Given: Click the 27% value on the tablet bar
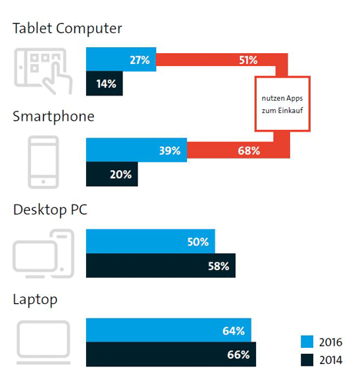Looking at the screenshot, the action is click(x=140, y=60).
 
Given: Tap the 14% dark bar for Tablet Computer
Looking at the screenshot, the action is click(x=105, y=83).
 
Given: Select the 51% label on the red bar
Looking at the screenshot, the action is click(x=248, y=60).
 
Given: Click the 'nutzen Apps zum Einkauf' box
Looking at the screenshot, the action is click(x=282, y=104).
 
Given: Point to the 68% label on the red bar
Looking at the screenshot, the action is click(x=248, y=151).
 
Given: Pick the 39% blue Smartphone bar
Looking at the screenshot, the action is click(x=136, y=150).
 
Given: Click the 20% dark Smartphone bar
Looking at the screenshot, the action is click(x=112, y=174).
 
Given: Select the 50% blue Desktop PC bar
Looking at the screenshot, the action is click(x=151, y=242).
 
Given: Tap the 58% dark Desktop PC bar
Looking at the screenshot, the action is click(x=161, y=265).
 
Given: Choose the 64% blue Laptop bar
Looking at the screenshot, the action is click(x=168, y=330).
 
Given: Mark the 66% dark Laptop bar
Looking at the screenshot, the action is click(x=171, y=354).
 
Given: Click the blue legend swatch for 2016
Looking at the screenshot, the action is click(x=307, y=342).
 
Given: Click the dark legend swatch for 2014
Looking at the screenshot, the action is click(x=307, y=360).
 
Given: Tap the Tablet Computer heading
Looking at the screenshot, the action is click(x=68, y=28).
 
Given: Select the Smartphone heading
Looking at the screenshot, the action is click(x=54, y=117).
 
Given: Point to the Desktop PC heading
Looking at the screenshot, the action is click(x=50, y=209).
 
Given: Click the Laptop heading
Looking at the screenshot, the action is click(x=35, y=299).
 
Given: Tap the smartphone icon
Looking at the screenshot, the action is click(x=43, y=162).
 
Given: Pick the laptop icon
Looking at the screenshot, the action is click(x=44, y=342).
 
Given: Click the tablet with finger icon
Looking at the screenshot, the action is click(x=43, y=71).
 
